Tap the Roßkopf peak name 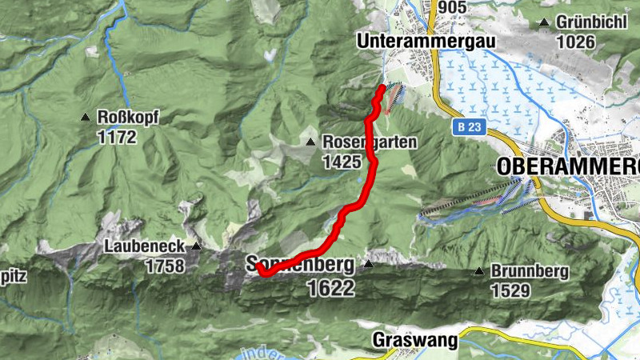tap(128, 118)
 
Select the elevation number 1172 tap(117, 137)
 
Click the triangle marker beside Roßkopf tap(86, 118)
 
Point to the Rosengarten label tap(370, 142)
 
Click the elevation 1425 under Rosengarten tap(339, 162)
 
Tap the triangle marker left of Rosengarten tap(310, 142)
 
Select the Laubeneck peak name tap(145, 246)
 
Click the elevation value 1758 tap(166, 266)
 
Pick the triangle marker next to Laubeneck tap(194, 246)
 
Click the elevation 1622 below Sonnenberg tap(330, 288)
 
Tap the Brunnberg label tap(530, 271)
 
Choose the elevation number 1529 tap(510, 290)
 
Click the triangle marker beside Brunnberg tap(478, 271)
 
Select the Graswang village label tap(415, 341)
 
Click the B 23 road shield tap(469, 126)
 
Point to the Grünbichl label tap(593, 22)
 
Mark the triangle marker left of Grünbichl tap(545, 22)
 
